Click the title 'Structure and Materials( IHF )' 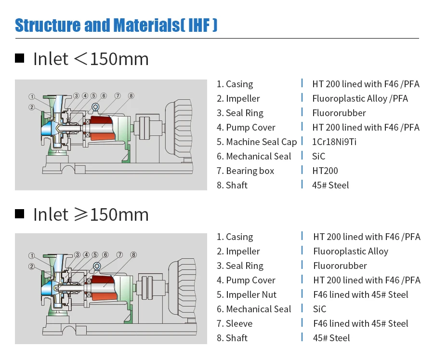[116, 25]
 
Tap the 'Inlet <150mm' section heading [91, 59]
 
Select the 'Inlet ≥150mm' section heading [91, 214]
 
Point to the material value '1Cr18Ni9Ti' [334, 142]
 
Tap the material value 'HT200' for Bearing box [325, 171]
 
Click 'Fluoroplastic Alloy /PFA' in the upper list [360, 98]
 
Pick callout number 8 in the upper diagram [131, 96]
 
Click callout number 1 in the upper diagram [31, 96]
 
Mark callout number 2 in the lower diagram [31, 266]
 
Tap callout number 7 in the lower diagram [119, 255]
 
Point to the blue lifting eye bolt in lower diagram [97, 267]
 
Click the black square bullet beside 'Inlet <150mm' [20, 59]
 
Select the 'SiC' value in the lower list [319, 309]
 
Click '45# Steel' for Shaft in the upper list [330, 185]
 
